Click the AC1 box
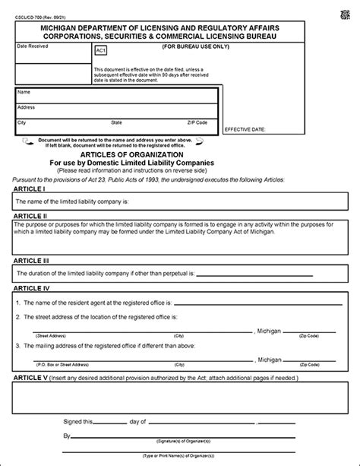tap(100, 51)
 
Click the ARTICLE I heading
tap(28, 188)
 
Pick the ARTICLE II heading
tap(30, 215)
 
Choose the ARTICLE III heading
tap(30, 259)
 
